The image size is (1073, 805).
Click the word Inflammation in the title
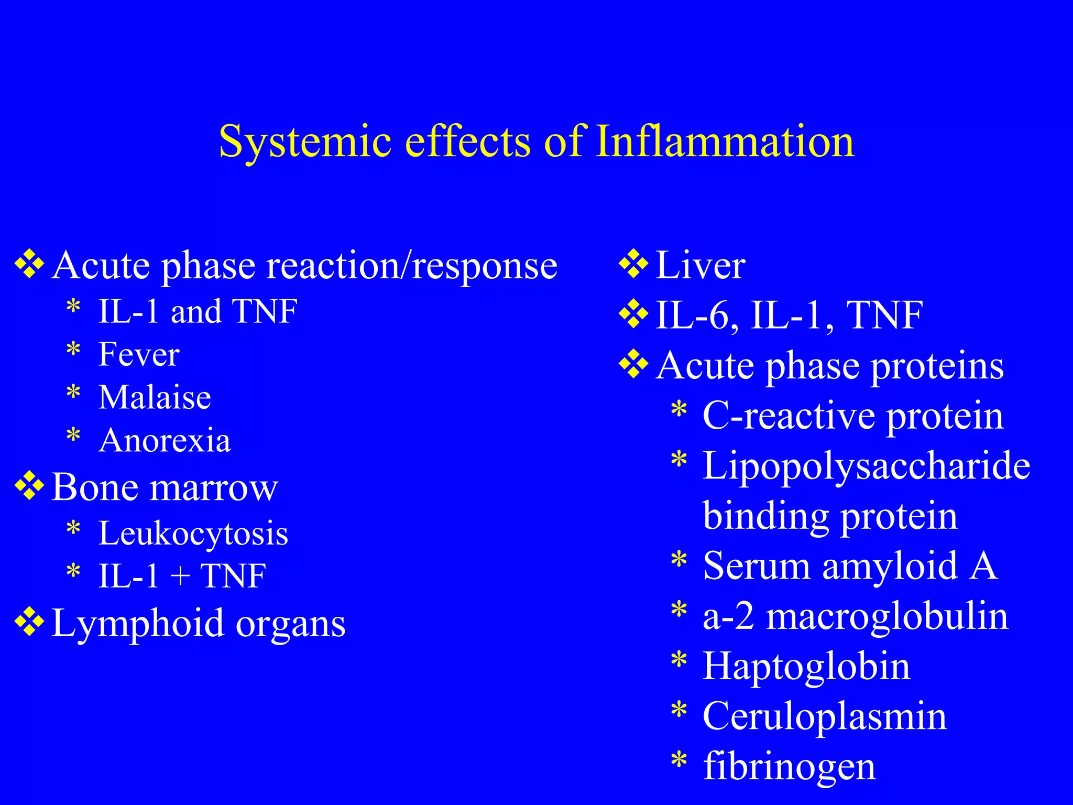[725, 142]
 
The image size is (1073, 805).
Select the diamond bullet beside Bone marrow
[29, 486]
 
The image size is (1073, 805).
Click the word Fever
[139, 354]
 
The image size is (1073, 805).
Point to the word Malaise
[155, 397]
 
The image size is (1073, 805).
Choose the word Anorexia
[165, 440]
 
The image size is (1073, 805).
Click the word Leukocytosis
[193, 534]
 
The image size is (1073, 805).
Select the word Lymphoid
[138, 624]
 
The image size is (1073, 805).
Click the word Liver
[700, 265]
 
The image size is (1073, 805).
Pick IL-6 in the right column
[692, 316]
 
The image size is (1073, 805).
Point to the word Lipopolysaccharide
[866, 465]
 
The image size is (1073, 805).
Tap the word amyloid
[890, 566]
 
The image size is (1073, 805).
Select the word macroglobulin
[887, 616]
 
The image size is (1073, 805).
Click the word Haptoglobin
[806, 667]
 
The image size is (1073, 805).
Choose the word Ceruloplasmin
[825, 716]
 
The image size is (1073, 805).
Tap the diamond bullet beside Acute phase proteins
[633, 364]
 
